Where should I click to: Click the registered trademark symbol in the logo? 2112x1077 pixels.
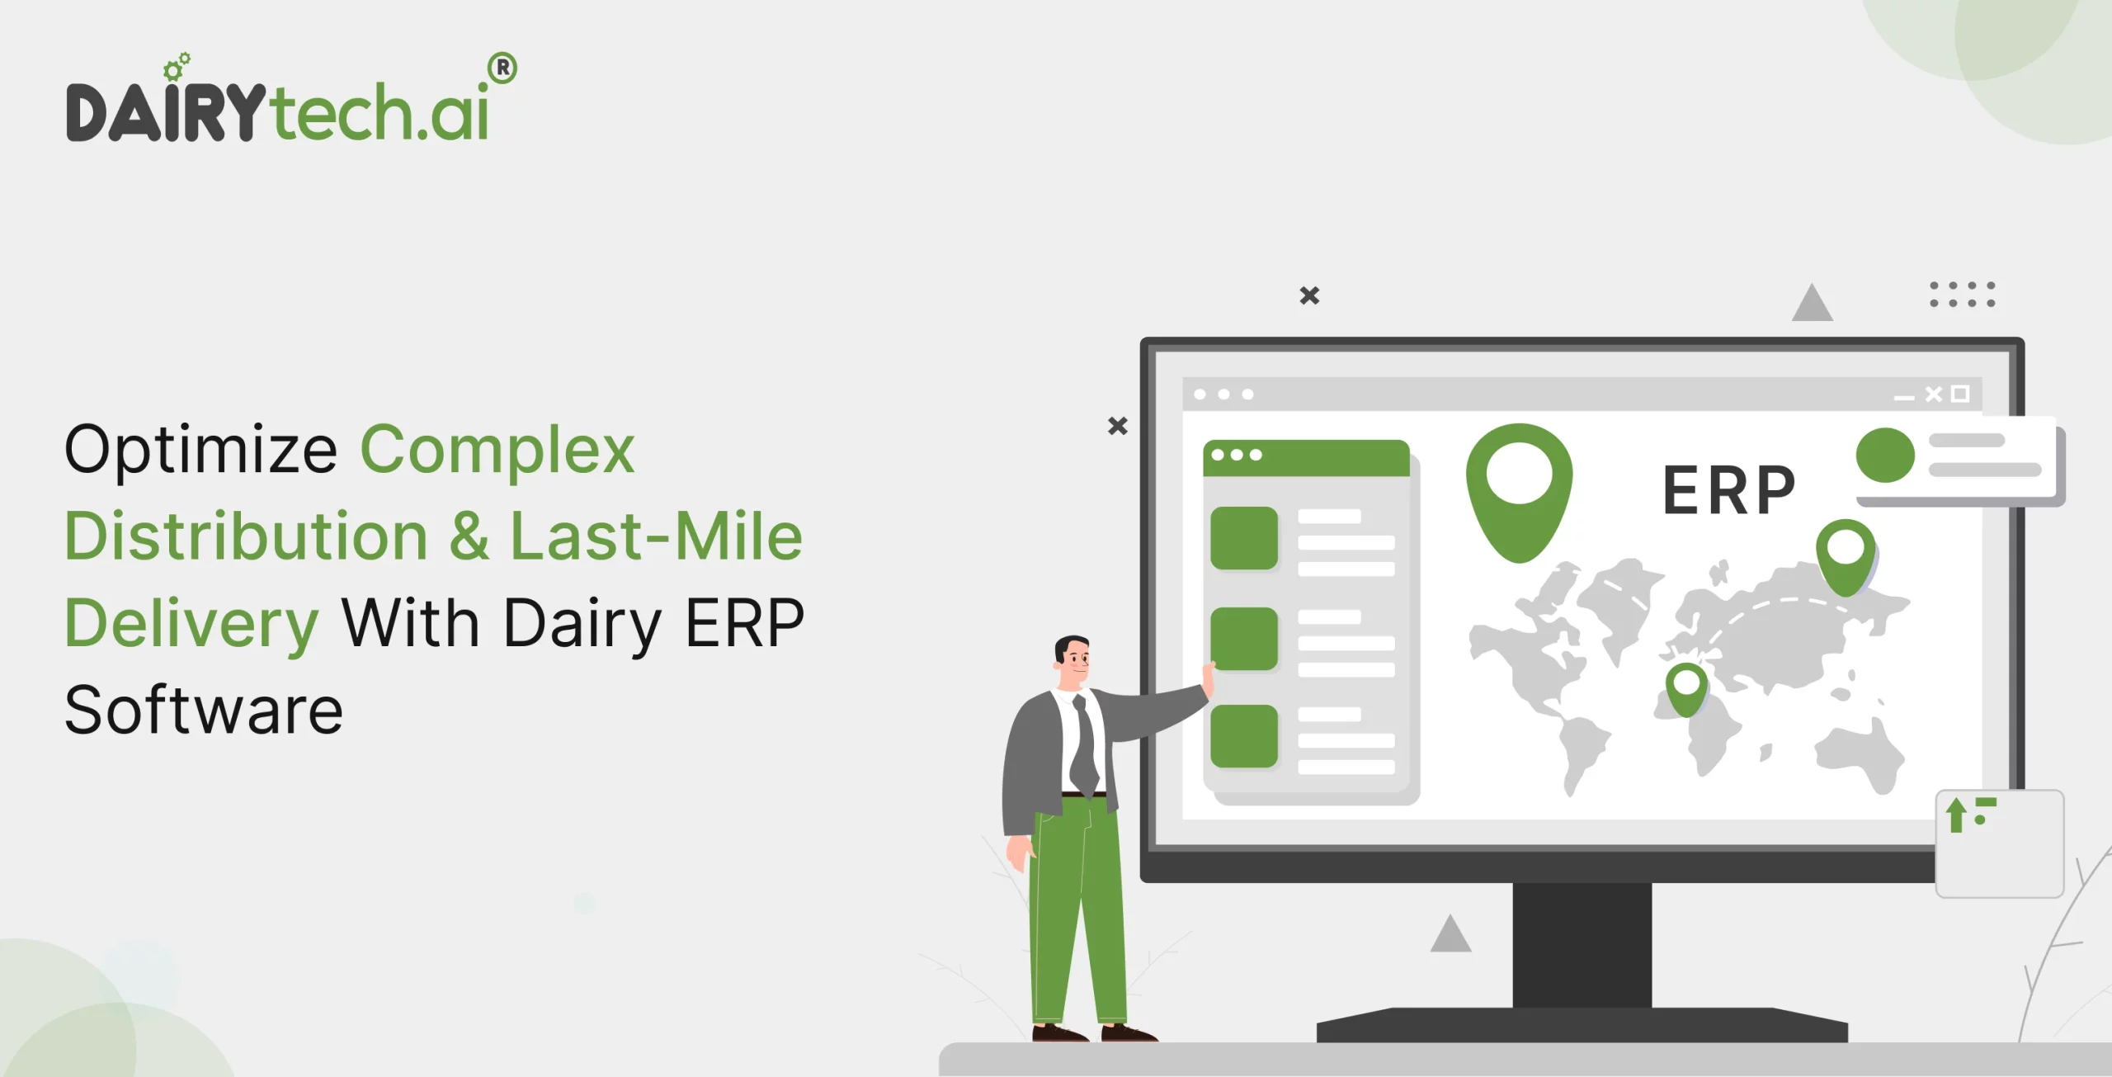tap(502, 68)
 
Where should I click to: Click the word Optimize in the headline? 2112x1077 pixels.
tap(200, 451)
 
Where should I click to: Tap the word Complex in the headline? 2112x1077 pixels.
tap(497, 451)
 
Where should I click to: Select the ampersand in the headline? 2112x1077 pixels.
tap(469, 536)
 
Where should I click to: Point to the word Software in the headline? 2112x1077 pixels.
tap(203, 711)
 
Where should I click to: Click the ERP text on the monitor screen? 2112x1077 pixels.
tap(1728, 490)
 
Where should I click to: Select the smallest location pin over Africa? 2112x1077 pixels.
tap(1686, 688)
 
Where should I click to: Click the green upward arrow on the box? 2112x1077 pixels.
tap(1955, 815)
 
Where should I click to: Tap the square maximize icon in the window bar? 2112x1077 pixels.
tap(1960, 394)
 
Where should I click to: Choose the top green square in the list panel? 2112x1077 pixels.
tap(1243, 538)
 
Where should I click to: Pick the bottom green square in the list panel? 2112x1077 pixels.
tap(1243, 736)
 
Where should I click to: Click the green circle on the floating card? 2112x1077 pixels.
tap(1885, 455)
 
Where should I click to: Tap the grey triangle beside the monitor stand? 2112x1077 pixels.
tap(1450, 936)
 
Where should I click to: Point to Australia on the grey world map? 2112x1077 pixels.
tap(1861, 754)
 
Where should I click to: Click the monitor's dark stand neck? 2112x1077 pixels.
tap(1582, 945)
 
